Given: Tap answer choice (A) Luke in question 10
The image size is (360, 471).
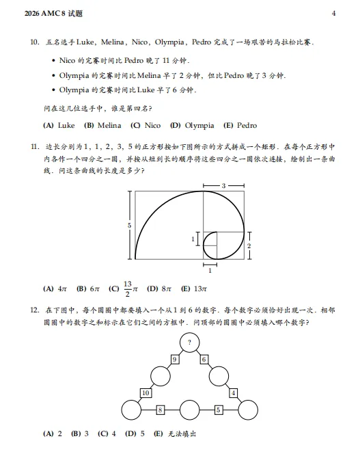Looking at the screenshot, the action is point(59,125).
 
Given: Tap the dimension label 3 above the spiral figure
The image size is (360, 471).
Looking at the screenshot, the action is point(223,185).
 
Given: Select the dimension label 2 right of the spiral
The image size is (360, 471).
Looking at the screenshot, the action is point(249,245).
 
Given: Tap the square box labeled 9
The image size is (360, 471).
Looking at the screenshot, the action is point(175,359).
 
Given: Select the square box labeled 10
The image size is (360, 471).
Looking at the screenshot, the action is point(146,392).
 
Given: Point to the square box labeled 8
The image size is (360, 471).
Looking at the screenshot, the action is point(160,410).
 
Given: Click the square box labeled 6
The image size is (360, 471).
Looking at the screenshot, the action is point(204,359).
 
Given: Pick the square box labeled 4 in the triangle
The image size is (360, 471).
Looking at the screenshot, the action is point(233,392).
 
